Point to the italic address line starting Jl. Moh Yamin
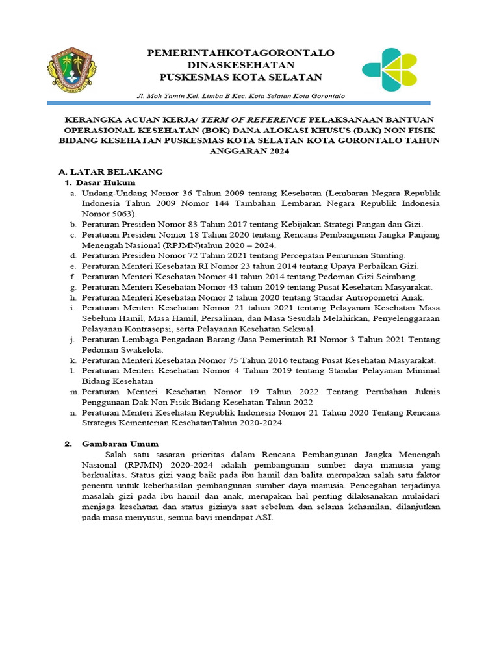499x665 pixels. point(240,95)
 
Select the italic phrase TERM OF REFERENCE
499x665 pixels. point(260,119)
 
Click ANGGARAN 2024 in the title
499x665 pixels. point(249,151)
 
